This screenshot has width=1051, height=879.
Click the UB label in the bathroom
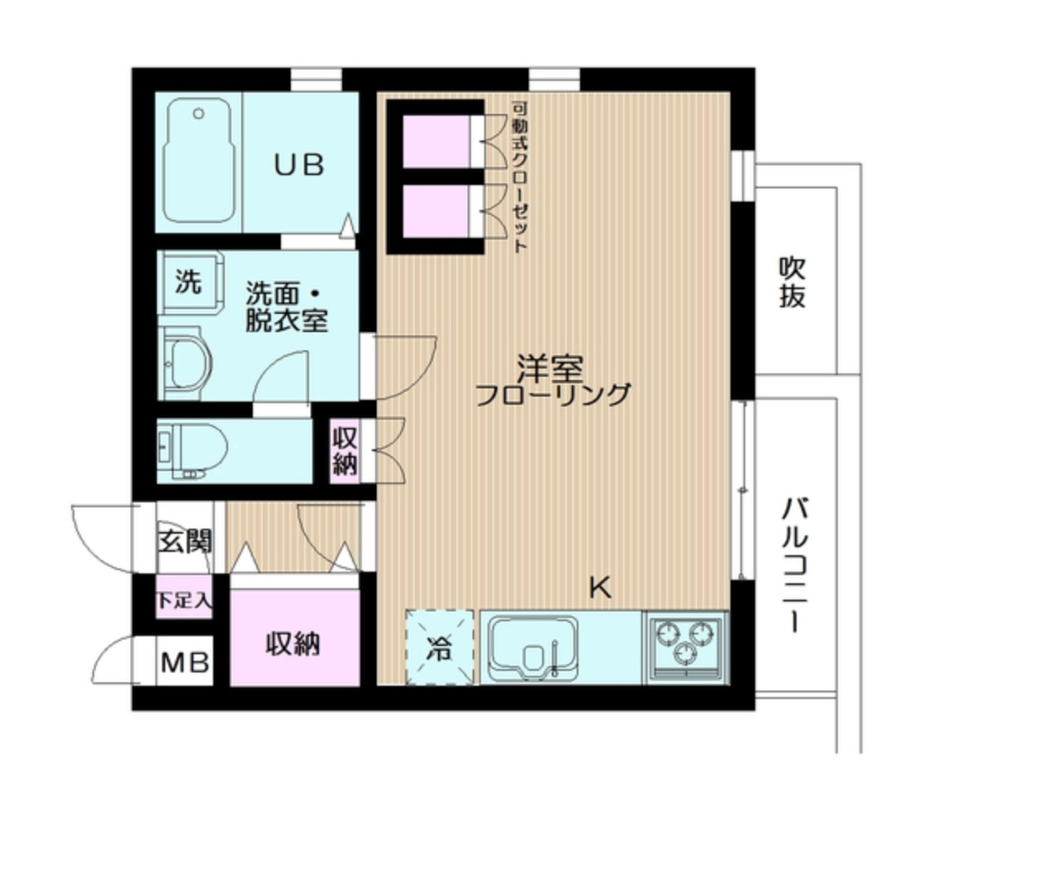[298, 165]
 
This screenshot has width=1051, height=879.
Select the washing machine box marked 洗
[188, 282]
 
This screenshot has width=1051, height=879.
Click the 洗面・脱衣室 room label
[286, 306]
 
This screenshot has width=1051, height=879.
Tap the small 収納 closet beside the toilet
[345, 450]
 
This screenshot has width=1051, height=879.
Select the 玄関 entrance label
[185, 541]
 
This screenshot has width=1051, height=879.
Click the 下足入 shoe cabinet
[184, 601]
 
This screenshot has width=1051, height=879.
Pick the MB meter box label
[184, 662]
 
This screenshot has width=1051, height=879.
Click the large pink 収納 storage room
[293, 643]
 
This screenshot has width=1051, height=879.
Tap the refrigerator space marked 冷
[439, 648]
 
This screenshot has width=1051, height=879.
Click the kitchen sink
[533, 647]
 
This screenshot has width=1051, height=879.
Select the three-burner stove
[685, 644]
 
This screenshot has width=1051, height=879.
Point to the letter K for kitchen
[600, 588]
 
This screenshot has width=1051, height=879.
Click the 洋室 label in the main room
[550, 367]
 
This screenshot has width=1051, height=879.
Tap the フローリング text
[553, 395]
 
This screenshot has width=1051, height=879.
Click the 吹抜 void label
[792, 283]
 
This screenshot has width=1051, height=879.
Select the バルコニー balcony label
[794, 563]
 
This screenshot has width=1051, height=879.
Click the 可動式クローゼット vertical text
[520, 176]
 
